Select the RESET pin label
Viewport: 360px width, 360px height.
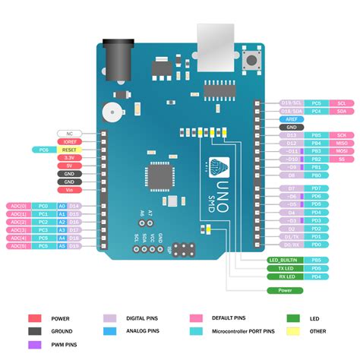tap(70, 150)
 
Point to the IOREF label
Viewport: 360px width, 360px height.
tap(70, 141)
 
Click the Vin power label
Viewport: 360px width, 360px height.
tap(70, 192)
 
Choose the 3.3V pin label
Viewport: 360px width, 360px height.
tap(70, 159)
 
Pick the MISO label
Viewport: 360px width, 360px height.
tap(341, 143)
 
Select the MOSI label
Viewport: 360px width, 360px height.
tap(341, 151)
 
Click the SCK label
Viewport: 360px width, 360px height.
tap(341, 134)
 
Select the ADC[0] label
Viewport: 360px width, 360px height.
tap(19, 206)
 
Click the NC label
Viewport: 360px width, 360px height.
tap(70, 133)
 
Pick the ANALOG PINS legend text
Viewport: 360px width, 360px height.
tap(143, 332)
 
